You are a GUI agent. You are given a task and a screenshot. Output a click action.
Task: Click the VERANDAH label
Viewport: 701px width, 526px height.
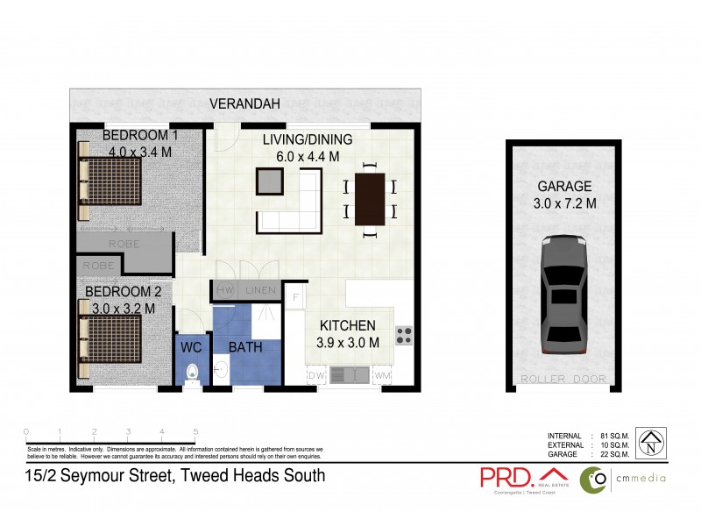point(245,104)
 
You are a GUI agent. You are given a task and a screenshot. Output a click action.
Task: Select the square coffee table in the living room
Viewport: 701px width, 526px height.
point(270,181)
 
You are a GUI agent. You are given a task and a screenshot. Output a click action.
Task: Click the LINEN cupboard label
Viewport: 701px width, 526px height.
point(259,290)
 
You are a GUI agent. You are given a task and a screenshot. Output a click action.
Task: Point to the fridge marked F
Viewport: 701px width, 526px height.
point(294,297)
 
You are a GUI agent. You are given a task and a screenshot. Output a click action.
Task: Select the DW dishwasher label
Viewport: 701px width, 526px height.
point(315,375)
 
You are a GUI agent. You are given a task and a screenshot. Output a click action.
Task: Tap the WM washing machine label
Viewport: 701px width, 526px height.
point(382,375)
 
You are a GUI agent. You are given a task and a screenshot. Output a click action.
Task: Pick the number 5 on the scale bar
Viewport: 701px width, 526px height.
point(195,432)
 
